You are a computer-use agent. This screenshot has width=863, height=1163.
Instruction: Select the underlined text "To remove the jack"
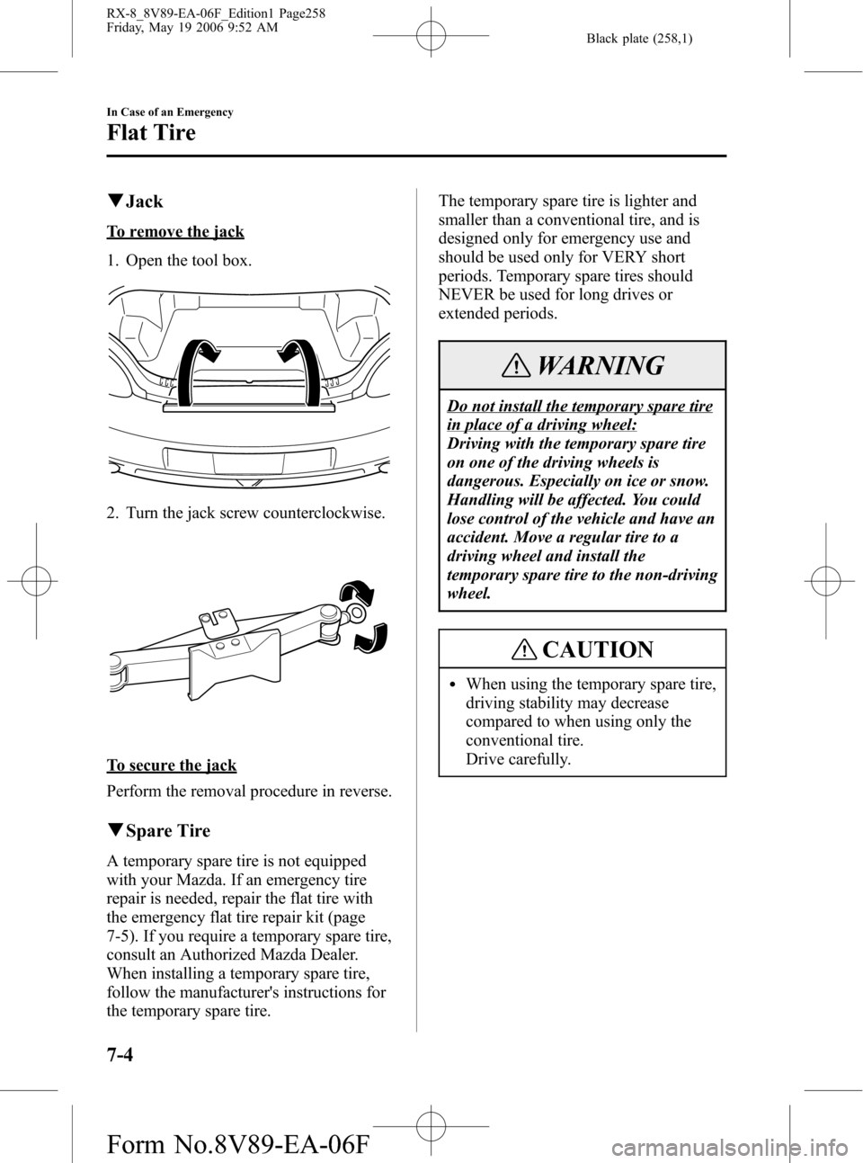[175, 232]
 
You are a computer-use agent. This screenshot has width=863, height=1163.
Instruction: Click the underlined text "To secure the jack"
[171, 765]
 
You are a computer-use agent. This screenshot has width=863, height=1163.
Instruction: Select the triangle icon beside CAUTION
[536, 649]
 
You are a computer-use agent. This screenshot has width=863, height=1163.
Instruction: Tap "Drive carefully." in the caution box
[518, 759]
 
